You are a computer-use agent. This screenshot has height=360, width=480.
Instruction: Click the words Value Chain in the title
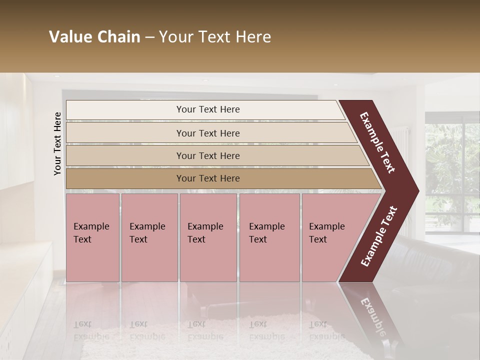(x=94, y=37)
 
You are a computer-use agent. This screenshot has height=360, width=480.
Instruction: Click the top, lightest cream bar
(x=125, y=110)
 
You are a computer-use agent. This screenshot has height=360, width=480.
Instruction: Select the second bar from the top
(x=125, y=133)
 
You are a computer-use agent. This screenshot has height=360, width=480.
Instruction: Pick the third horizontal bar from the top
(x=125, y=155)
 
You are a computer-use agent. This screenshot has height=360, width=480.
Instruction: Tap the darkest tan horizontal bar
(x=125, y=178)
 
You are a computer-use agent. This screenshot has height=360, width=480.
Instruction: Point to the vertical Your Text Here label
(x=57, y=143)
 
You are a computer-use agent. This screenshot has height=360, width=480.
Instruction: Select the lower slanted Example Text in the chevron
(x=379, y=236)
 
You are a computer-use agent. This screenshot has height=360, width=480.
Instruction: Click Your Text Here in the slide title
(x=215, y=37)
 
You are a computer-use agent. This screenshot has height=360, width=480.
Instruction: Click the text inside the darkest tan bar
(x=208, y=178)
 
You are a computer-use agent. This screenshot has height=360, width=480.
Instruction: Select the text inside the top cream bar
(x=208, y=109)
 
